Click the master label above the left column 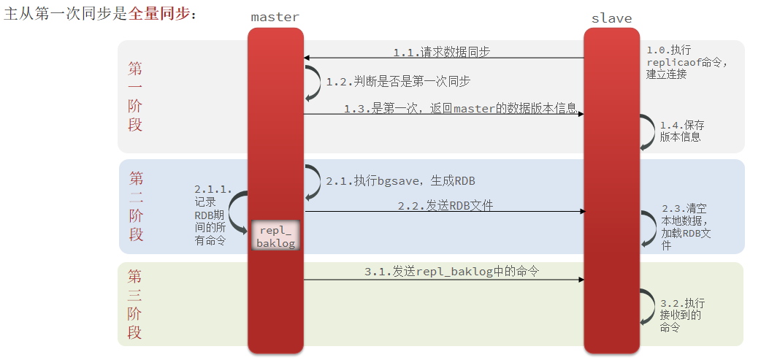pyautogui.click(x=275, y=17)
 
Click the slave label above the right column pyautogui.click(x=612, y=18)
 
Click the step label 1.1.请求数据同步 pyautogui.click(x=441, y=52)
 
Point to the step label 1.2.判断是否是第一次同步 pyautogui.click(x=398, y=82)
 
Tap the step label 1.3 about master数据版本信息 pyautogui.click(x=460, y=109)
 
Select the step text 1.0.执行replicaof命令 pyautogui.click(x=687, y=62)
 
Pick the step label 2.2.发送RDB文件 pyautogui.click(x=445, y=206)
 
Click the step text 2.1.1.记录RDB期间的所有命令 pyautogui.click(x=213, y=215)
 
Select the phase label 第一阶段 pyautogui.click(x=135, y=96)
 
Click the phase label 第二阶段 pyautogui.click(x=136, y=207)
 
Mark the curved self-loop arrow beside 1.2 pyautogui.click(x=315, y=83)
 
